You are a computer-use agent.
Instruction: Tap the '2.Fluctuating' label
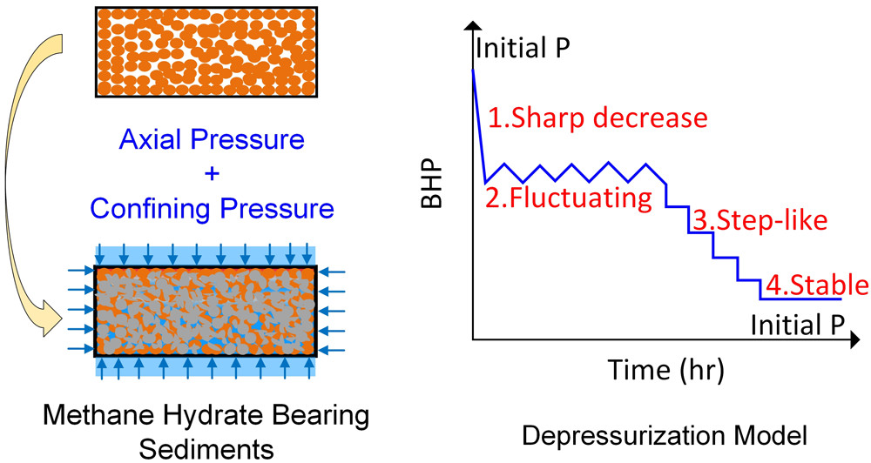(568, 199)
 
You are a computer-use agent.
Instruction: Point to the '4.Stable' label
(816, 285)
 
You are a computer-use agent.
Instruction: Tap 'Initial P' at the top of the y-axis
(523, 46)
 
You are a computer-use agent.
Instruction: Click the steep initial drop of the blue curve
(478, 126)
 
